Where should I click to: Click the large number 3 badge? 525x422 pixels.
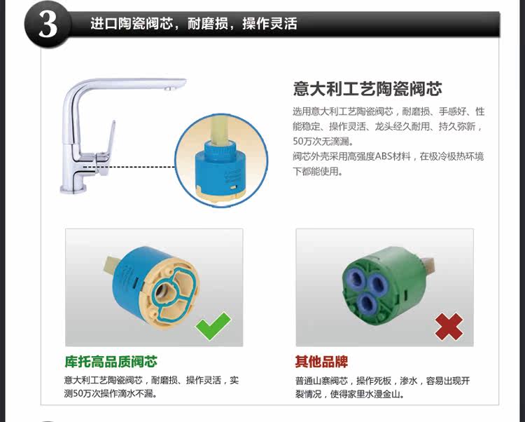(48, 25)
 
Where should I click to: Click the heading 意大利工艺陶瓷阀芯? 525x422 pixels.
(367, 89)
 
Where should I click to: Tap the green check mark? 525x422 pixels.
(213, 325)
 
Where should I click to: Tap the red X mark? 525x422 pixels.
(449, 327)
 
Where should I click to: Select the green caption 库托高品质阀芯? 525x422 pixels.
(111, 362)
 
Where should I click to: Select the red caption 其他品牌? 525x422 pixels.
(321, 362)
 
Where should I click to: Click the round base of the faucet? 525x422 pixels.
(73, 188)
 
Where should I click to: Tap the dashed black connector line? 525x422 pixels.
(129, 167)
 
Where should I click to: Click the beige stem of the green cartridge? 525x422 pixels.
(428, 266)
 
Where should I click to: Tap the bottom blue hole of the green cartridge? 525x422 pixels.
(367, 303)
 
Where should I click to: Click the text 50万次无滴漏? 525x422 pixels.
(323, 142)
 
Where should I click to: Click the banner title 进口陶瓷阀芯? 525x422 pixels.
(132, 24)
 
